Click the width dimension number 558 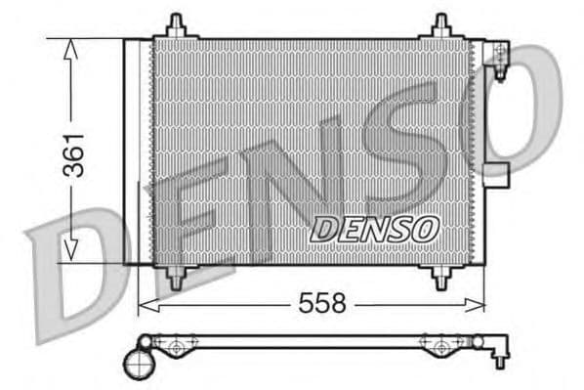tap(323, 304)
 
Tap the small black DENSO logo tap(374, 231)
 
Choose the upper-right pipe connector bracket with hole tap(498, 56)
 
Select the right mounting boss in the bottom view tap(438, 344)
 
